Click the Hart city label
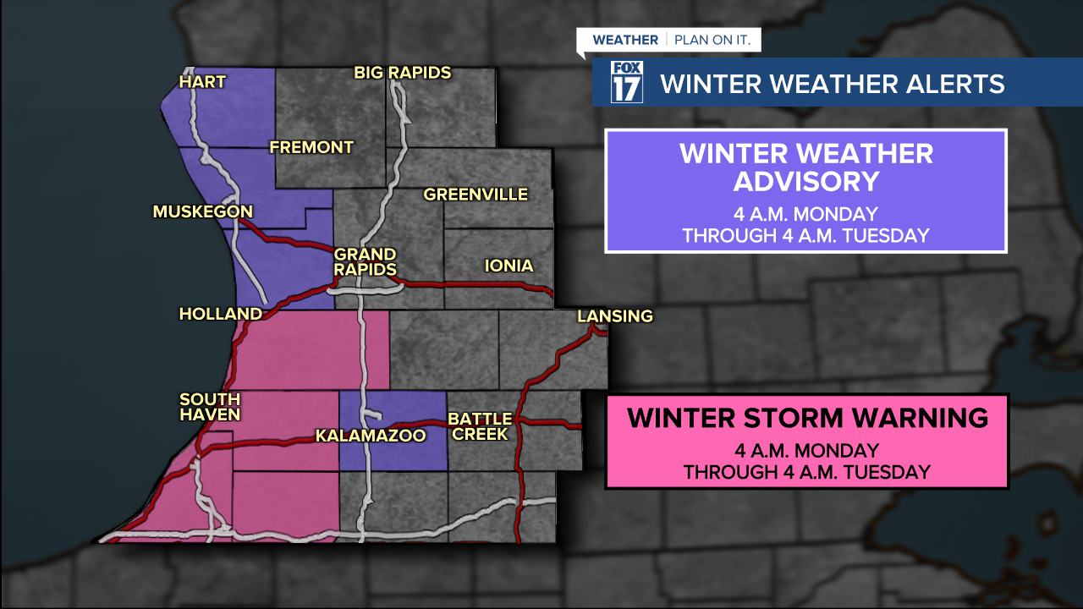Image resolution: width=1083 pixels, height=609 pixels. [202, 82]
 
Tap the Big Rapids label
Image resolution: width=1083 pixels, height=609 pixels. [402, 73]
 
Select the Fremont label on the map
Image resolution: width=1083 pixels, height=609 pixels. [311, 147]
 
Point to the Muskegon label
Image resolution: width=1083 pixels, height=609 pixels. [202, 211]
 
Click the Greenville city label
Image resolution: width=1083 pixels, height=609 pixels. [476, 195]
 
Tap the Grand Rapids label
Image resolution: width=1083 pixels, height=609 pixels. [366, 261]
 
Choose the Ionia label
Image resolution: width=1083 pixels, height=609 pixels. [509, 266]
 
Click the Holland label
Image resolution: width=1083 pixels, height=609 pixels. [220, 314]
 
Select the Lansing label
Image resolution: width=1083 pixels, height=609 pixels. [615, 316]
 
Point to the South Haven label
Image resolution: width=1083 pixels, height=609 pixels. [210, 406]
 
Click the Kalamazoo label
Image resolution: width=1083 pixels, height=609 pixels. [370, 436]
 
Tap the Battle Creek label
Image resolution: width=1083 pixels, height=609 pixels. [480, 425]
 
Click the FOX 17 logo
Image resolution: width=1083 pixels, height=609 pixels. [627, 82]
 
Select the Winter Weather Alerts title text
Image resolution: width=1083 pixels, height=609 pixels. [832, 84]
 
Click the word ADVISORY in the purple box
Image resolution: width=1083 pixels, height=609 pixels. [805, 182]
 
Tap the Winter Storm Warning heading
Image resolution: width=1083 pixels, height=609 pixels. [807, 418]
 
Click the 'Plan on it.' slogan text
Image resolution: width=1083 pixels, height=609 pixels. [717, 40]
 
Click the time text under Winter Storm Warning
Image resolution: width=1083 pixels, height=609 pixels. [807, 462]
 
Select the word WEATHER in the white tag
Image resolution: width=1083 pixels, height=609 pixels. [624, 40]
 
